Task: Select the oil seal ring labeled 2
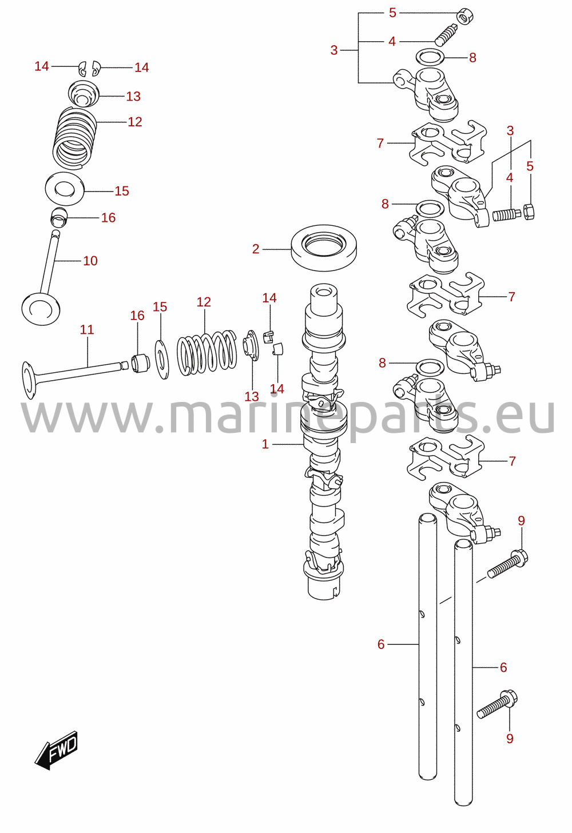tap(324, 248)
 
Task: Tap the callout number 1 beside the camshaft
tap(265, 444)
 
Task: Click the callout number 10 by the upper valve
tap(90, 261)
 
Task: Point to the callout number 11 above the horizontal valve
tap(87, 329)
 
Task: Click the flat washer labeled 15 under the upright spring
tap(65, 189)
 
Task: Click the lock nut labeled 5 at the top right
tap(465, 17)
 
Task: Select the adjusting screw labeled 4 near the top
tap(446, 34)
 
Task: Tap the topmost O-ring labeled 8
tap(430, 57)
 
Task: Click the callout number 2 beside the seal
tap(256, 249)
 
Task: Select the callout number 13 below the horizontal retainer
tap(252, 396)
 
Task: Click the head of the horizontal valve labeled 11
tap(29, 380)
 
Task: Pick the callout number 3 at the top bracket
tap(334, 50)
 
